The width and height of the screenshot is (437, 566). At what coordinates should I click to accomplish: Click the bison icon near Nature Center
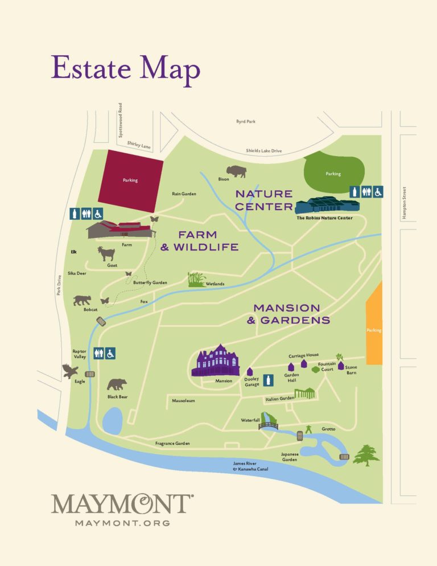[236, 171]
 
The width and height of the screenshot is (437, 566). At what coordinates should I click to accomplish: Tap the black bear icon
[117, 384]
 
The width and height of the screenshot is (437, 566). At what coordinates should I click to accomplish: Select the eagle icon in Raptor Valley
[70, 371]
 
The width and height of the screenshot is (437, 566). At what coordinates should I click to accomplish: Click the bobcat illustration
[83, 300]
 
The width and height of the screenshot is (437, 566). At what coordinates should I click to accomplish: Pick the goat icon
[106, 253]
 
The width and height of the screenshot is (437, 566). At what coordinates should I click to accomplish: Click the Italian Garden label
[279, 400]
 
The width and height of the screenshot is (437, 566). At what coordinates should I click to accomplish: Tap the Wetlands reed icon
[196, 279]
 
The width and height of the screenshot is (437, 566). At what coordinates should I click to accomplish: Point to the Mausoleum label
[183, 400]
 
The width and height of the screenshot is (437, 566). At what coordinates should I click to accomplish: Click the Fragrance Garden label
[172, 443]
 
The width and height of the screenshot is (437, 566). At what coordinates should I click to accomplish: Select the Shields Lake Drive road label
[263, 151]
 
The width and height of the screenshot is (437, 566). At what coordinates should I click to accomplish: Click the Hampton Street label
[404, 202]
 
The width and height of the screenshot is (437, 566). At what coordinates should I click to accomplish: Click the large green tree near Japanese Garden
[366, 455]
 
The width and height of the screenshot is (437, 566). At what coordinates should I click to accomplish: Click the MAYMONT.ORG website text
[122, 522]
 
